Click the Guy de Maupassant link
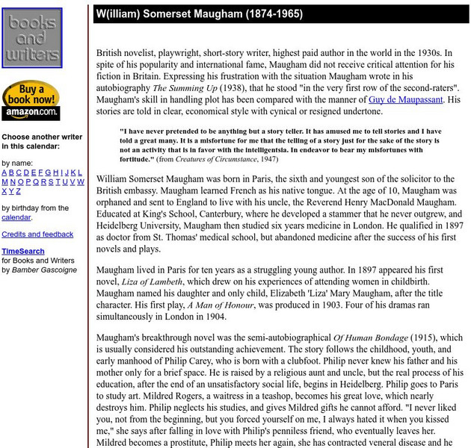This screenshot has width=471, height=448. tap(406, 99)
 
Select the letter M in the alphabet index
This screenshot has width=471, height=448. tap(4, 181)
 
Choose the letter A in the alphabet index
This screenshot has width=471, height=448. tap(4, 172)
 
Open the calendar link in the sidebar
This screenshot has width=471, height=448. tap(16, 217)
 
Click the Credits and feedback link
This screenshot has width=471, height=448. tap(37, 234)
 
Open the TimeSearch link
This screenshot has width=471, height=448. tap(22, 252)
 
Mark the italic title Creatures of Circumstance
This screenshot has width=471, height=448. tap(225, 159)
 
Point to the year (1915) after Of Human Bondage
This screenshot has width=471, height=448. tap(428, 337)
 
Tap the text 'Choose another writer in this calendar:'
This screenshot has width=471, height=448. tap(41, 142)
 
